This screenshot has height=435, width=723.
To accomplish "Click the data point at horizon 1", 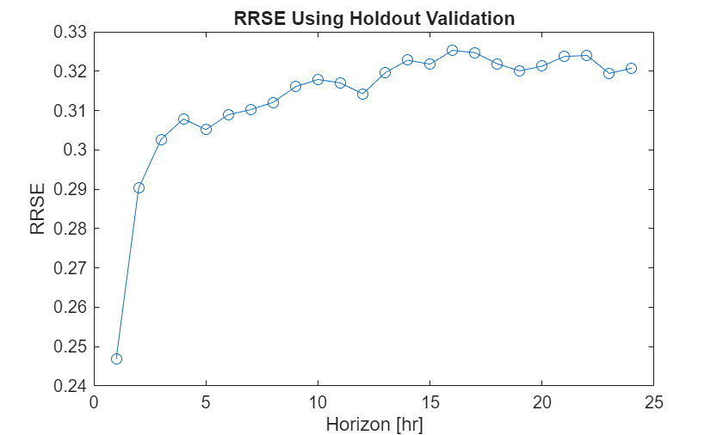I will (x=116, y=358).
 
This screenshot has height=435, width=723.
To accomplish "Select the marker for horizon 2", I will (x=139, y=187).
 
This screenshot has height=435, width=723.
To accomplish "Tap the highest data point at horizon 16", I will (x=452, y=50).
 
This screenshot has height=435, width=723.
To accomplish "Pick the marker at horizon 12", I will (x=362, y=94).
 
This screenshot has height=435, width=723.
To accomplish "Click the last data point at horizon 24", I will (x=631, y=68).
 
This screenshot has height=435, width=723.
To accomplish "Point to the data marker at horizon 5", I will (x=206, y=129).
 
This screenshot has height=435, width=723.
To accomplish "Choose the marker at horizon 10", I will (x=318, y=79).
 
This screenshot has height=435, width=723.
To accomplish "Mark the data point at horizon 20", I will (x=541, y=65).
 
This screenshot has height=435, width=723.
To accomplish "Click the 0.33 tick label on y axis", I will (x=71, y=32).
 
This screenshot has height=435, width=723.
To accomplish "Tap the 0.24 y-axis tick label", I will (x=71, y=386).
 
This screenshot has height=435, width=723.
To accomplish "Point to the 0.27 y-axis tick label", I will (x=71, y=268).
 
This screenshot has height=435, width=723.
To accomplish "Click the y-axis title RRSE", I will (x=38, y=209).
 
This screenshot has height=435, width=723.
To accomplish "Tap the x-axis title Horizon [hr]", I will (x=374, y=424).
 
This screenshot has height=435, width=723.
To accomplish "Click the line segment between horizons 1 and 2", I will (x=127, y=273).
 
